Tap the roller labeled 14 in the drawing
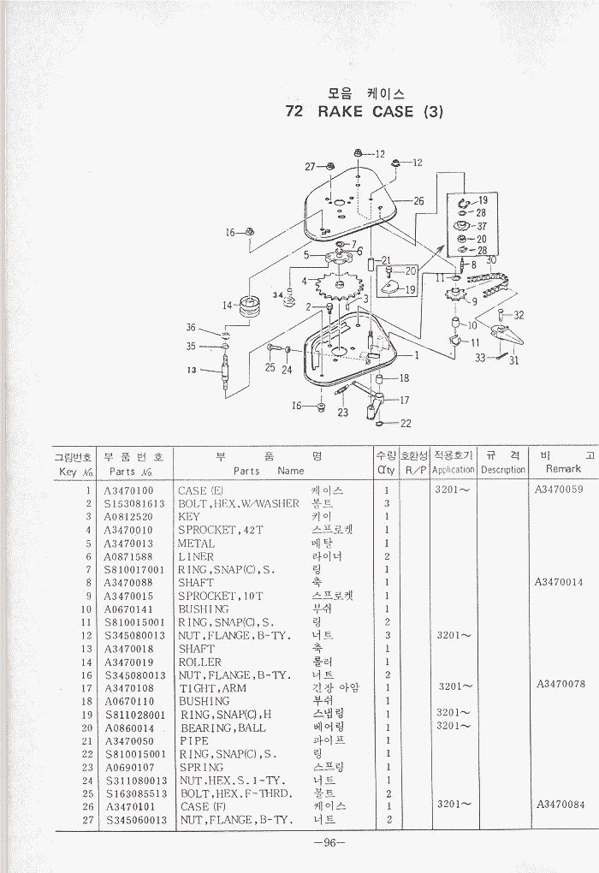click(x=249, y=306)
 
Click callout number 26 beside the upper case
click(x=418, y=201)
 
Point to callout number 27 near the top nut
click(x=310, y=166)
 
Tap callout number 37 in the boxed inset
click(x=482, y=227)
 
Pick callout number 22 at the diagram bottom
click(x=405, y=423)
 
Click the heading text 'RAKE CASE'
click(x=366, y=111)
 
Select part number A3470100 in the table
click(x=129, y=490)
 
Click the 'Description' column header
click(x=502, y=469)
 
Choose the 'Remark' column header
click(x=562, y=469)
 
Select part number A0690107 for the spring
click(x=129, y=767)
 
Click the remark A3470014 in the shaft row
click(x=559, y=582)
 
